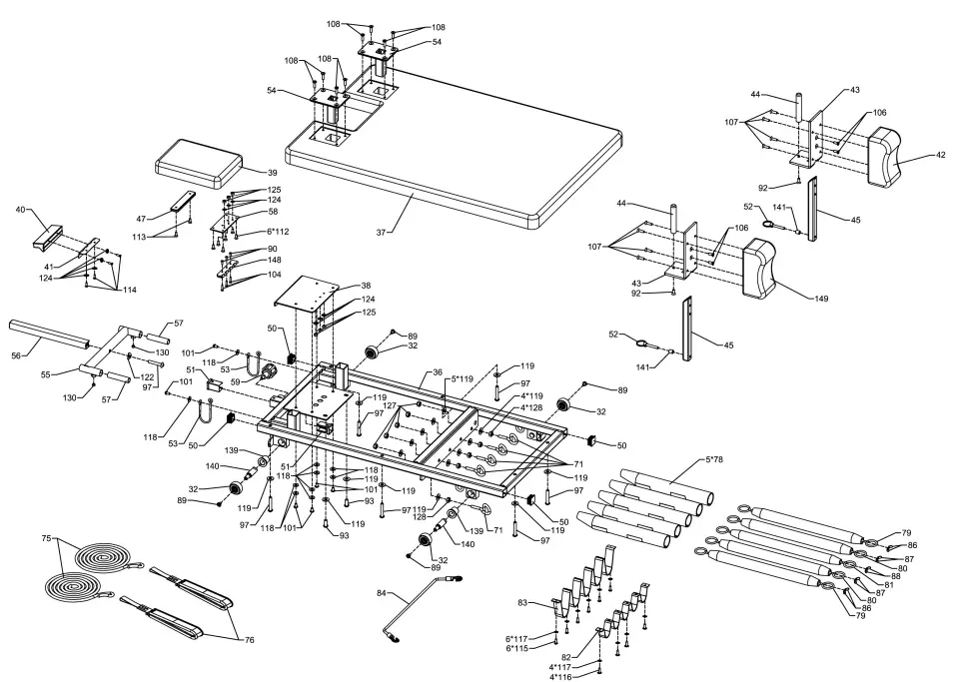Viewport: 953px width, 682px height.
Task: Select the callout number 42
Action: click(x=940, y=155)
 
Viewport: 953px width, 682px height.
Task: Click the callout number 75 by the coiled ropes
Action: click(x=46, y=538)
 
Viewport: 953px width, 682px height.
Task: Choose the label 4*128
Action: click(x=531, y=407)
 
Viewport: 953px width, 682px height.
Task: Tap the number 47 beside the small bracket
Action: click(x=141, y=217)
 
